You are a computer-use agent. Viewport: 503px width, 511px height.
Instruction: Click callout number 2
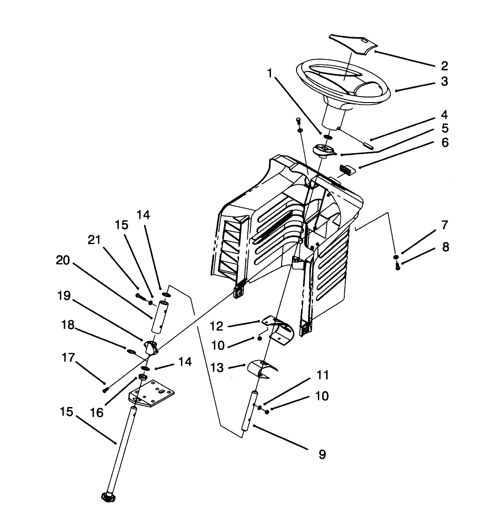[444, 66]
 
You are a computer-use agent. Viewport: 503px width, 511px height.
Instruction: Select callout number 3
[444, 82]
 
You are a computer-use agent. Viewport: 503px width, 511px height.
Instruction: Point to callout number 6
[445, 143]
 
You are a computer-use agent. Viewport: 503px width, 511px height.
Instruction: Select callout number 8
[445, 247]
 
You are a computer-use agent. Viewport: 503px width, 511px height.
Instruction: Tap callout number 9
[322, 454]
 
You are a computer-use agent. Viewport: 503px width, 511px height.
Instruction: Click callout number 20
[63, 261]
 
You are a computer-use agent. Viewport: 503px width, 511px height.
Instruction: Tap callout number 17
[68, 358]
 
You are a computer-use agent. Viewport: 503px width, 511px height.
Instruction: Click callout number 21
[94, 240]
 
